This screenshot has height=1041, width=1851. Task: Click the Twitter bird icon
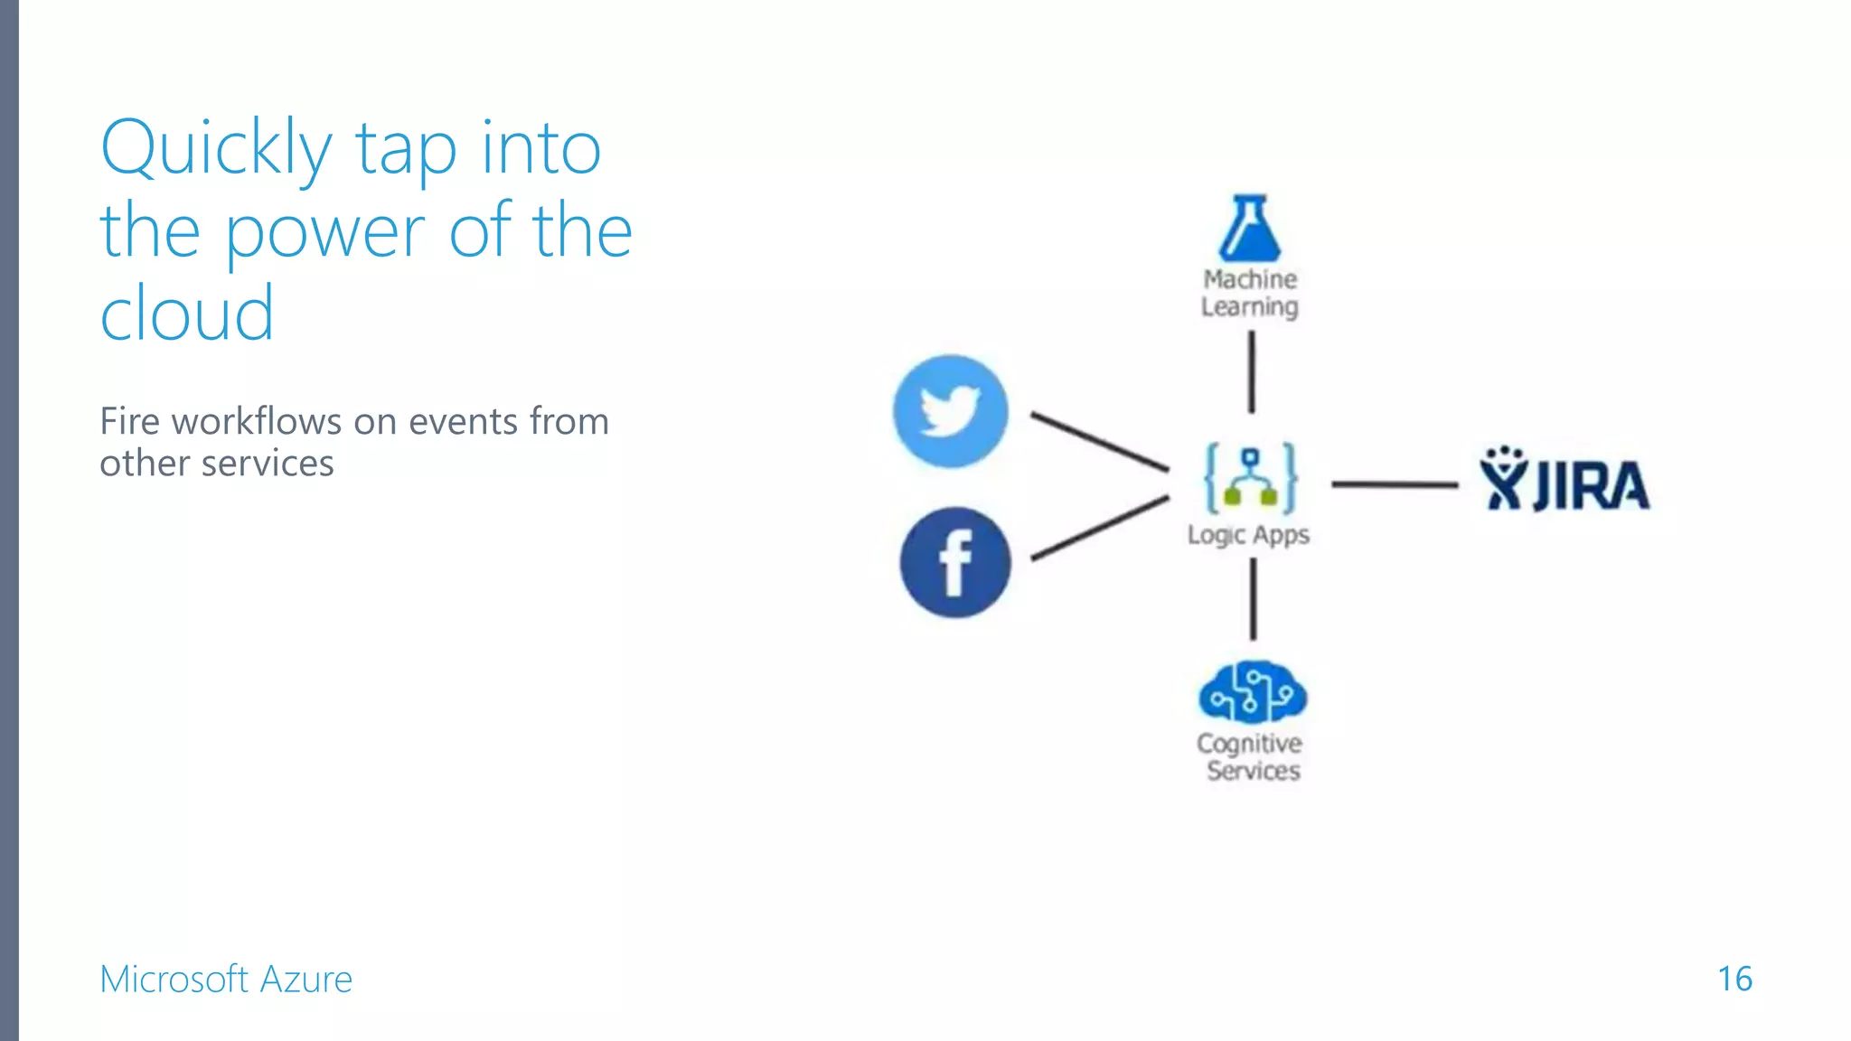(x=950, y=411)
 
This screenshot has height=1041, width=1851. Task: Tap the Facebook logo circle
(x=955, y=562)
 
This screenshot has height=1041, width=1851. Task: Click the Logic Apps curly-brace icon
(x=1251, y=478)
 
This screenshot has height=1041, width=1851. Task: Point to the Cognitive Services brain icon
(x=1252, y=693)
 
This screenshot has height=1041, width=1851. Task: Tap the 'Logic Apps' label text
(x=1248, y=535)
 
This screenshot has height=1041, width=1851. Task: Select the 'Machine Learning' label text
(x=1250, y=293)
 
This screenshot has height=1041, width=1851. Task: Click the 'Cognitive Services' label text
(x=1251, y=757)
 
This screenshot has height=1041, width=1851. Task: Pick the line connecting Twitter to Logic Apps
(x=1100, y=442)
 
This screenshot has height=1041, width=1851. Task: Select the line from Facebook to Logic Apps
(x=1100, y=528)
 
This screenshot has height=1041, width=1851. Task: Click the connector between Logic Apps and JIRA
(x=1395, y=485)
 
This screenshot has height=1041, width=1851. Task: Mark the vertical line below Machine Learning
(x=1252, y=371)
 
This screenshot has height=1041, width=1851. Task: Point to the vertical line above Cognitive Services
(x=1253, y=598)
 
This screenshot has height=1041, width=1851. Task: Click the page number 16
(x=1734, y=979)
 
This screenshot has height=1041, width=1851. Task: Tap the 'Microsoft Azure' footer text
(x=226, y=979)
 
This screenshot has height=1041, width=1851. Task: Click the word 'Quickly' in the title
(x=216, y=149)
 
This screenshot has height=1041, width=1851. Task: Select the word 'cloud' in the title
(x=187, y=313)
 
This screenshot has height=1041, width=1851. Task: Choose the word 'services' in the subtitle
(x=268, y=464)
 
